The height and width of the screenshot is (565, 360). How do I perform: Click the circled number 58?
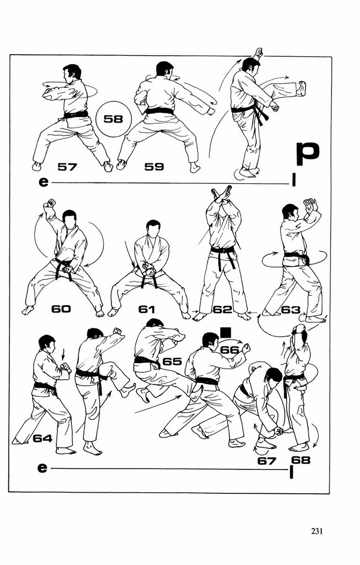coord(113,119)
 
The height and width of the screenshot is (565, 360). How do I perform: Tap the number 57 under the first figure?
coord(67,167)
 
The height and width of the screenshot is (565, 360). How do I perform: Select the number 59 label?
coord(154,167)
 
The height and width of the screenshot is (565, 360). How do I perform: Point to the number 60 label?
coord(61,309)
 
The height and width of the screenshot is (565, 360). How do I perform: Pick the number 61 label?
coord(146,309)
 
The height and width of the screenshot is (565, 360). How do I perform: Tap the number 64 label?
coord(43,438)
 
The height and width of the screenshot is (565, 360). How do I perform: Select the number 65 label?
coord(172,361)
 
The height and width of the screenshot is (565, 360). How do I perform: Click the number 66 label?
coord(230,350)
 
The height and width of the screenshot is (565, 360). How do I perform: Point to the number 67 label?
coord(266,461)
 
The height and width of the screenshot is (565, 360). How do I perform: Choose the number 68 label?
coord(300,460)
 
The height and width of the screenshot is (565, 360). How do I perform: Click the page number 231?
coord(316,531)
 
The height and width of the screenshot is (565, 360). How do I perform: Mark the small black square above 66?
coord(225,332)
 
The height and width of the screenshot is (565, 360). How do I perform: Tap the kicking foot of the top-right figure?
coord(301,89)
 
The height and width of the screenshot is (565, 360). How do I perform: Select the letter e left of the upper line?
coord(43,182)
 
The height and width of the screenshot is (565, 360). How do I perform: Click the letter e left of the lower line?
coord(42,468)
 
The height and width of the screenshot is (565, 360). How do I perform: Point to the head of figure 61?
coord(153,228)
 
